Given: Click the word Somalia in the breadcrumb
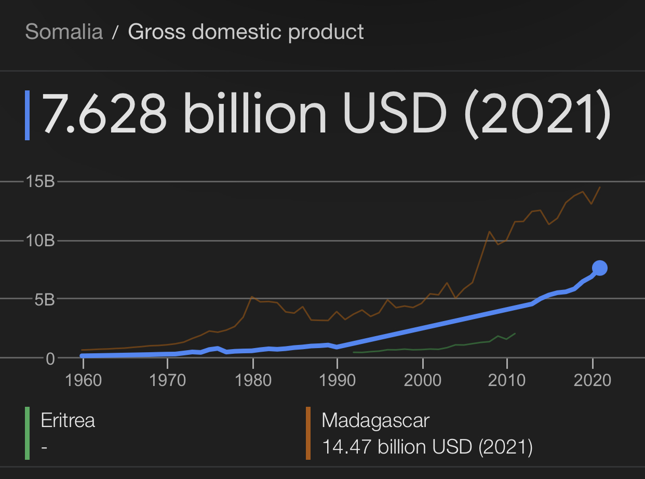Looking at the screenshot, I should click(x=64, y=32).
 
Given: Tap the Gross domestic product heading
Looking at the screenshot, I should click(x=246, y=32).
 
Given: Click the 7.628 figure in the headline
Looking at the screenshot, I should click(x=104, y=115).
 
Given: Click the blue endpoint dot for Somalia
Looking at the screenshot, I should click(x=600, y=268).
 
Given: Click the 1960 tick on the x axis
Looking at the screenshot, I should click(x=83, y=380).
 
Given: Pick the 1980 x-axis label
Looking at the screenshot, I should click(x=252, y=380).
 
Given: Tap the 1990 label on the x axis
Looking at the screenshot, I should click(x=338, y=380).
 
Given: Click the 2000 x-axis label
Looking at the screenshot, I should click(x=423, y=380).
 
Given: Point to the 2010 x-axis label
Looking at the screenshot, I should click(x=507, y=380).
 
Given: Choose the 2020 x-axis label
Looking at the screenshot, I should click(x=592, y=380).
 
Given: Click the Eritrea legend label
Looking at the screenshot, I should click(x=68, y=420).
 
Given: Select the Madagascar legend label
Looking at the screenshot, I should click(x=375, y=420).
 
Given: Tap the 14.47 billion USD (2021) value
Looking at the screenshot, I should click(x=427, y=447).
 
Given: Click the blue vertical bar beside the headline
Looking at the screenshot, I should click(x=28, y=115).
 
